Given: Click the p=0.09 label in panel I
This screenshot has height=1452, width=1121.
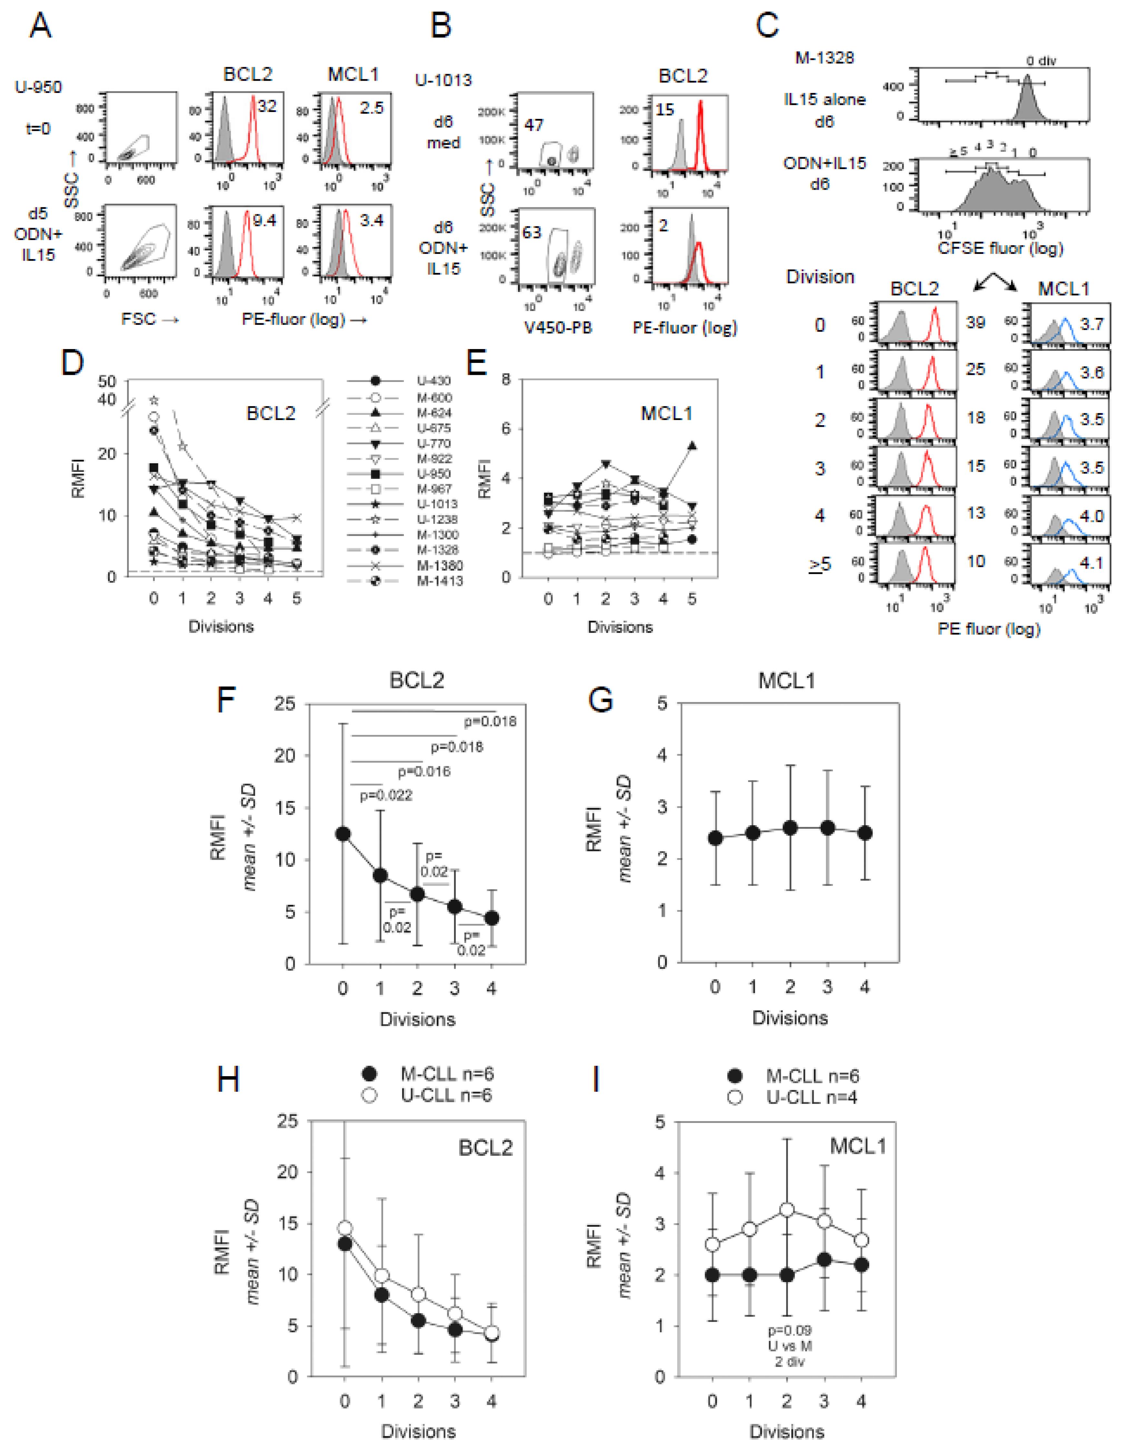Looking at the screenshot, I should pyautogui.click(x=789, y=1330).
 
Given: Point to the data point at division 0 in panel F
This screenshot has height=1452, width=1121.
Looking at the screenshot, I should pyautogui.click(x=343, y=834).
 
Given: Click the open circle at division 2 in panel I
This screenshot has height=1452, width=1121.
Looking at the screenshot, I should pyautogui.click(x=787, y=1209).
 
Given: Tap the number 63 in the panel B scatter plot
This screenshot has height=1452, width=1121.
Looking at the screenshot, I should pyautogui.click(x=531, y=232).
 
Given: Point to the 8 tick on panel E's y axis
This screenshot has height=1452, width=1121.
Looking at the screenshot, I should pyautogui.click(x=506, y=379).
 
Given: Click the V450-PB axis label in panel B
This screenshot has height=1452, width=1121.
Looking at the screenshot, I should pyautogui.click(x=558, y=327).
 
